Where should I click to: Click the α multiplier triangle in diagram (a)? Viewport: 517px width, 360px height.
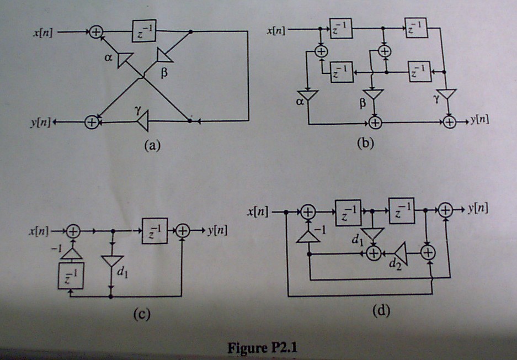point(125,59)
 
